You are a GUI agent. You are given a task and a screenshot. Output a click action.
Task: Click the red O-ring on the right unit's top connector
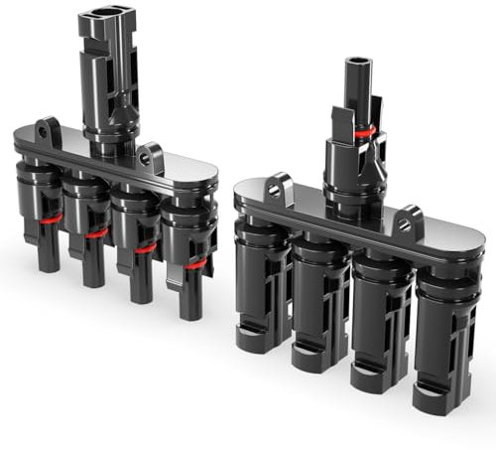click(x=366, y=132)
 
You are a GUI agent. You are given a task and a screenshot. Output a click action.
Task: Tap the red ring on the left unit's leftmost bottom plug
click(x=50, y=218)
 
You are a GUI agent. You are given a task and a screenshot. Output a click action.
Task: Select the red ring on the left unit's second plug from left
click(x=96, y=232)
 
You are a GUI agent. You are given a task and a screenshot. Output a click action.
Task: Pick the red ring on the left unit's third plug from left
click(x=145, y=247)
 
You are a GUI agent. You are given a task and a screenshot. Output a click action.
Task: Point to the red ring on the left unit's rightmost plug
click(x=195, y=263)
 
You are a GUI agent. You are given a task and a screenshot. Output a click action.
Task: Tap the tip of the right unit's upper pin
click(x=358, y=63)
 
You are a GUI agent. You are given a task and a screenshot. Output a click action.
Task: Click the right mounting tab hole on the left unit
click(x=153, y=154)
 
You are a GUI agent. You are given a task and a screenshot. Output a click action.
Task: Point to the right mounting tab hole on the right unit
click(x=407, y=220)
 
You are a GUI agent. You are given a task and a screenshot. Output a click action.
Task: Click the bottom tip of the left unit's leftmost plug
click(x=49, y=266)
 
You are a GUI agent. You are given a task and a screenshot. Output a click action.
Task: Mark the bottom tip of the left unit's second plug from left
click(x=95, y=281)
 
